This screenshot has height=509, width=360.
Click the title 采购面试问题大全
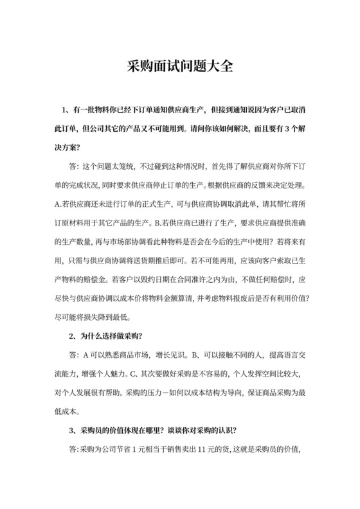tap(179, 66)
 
